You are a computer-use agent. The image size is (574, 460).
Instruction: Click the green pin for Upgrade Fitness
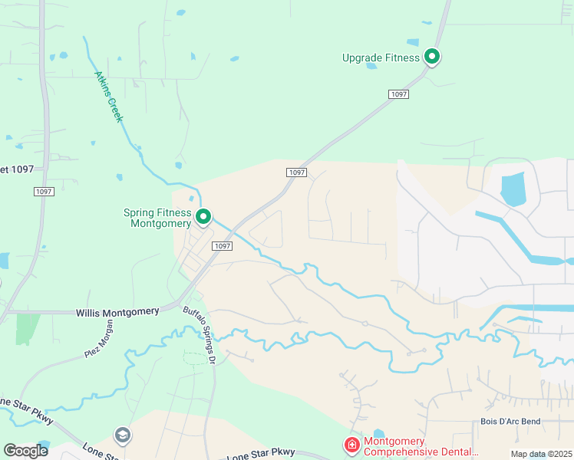tap(432, 57)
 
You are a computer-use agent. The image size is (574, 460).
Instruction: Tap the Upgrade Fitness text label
tap(381, 58)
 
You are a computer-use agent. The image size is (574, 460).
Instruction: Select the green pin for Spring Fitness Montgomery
tap(203, 218)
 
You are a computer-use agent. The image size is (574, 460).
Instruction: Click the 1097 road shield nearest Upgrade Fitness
tap(398, 94)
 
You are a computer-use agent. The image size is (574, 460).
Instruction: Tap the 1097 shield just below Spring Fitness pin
tap(221, 245)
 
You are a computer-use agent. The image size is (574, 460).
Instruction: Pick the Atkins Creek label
tap(114, 97)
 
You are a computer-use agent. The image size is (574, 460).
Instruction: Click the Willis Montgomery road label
tap(117, 312)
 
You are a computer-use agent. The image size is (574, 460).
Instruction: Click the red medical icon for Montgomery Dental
tap(351, 445)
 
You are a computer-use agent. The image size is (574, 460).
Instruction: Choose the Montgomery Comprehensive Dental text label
tap(421, 446)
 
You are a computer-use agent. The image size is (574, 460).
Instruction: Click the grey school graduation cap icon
tap(122, 435)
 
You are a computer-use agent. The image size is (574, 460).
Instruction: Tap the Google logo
tap(25, 451)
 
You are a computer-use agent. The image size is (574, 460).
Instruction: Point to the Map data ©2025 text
tap(540, 454)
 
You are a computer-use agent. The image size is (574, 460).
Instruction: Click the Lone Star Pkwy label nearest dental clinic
tap(261, 454)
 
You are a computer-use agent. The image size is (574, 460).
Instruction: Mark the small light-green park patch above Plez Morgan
tap(27, 328)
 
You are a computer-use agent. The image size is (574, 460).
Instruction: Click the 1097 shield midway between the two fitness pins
tap(297, 172)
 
